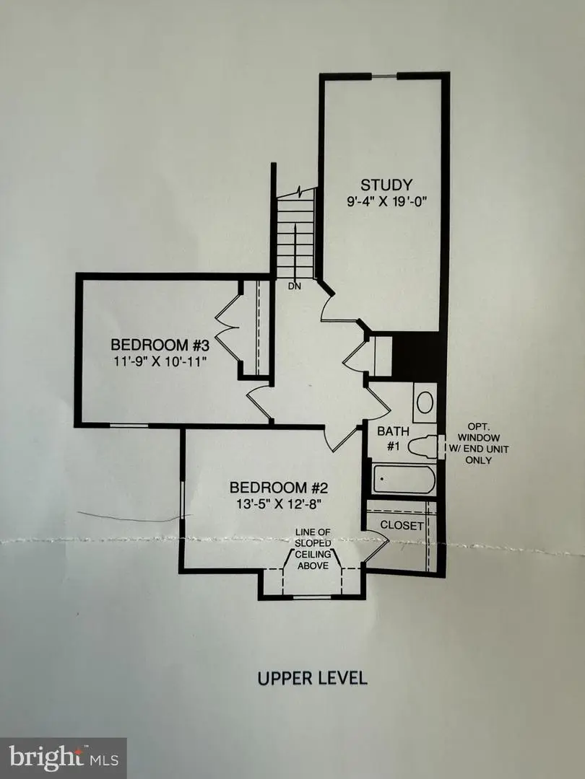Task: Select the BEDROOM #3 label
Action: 160,343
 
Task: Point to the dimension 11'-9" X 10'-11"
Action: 160,361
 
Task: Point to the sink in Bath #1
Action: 425,402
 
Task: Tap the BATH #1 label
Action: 394,439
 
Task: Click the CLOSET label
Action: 402,525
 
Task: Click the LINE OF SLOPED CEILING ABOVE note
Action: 312,549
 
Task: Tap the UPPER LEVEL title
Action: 312,678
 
